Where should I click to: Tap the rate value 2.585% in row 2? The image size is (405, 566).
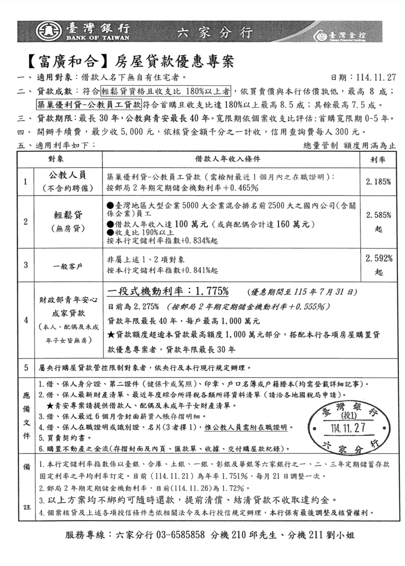pos(379,216)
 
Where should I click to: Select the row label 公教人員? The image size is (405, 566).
pos(67,176)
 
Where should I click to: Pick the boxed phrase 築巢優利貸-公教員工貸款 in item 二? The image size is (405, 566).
pos(88,104)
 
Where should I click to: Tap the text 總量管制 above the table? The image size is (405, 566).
pos(320,146)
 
